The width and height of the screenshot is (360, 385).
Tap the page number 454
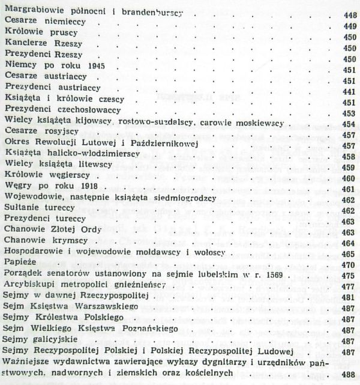click(349, 125)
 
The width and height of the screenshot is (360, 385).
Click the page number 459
click(349, 168)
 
